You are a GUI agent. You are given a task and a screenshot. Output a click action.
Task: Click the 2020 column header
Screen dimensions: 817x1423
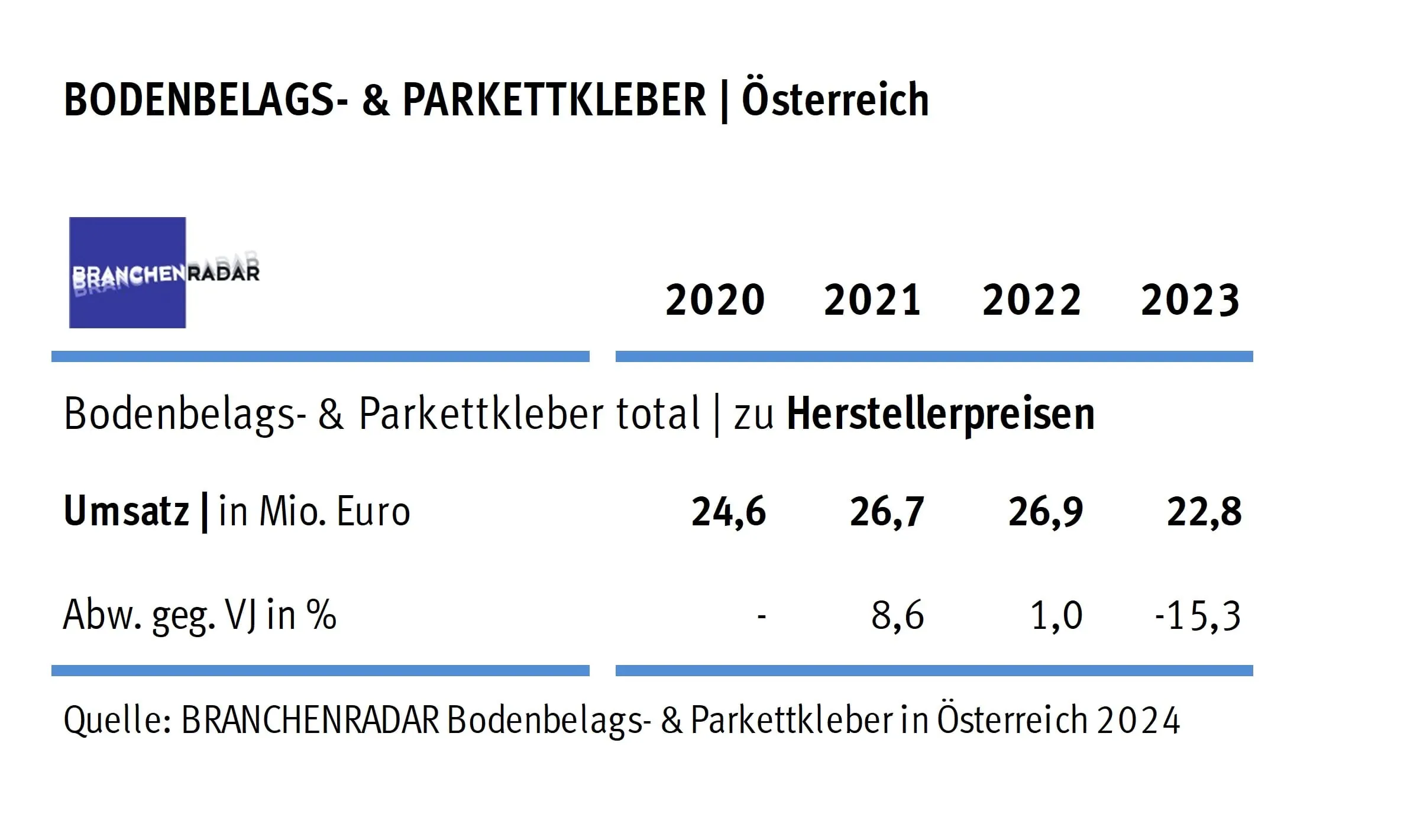[715, 300]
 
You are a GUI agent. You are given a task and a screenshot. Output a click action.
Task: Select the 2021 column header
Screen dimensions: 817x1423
[872, 300]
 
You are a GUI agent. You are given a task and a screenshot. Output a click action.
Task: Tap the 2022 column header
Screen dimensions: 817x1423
[1031, 300]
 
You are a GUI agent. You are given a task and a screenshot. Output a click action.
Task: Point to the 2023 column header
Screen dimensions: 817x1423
[1190, 300]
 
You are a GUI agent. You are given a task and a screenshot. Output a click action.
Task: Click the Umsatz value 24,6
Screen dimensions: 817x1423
[729, 512]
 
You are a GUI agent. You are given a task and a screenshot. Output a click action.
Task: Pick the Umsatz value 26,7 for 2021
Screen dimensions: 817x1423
[887, 512]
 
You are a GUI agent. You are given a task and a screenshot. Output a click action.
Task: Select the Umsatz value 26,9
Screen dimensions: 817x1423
[1046, 512]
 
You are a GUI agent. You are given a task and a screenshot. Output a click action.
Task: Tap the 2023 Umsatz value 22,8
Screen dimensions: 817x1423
[1204, 512]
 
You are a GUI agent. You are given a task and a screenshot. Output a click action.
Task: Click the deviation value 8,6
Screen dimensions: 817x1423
[897, 615]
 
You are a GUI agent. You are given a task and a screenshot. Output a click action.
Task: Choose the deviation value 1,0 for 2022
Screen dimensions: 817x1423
[1056, 615]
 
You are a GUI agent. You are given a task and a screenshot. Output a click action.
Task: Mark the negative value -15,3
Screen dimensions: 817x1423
[1198, 615]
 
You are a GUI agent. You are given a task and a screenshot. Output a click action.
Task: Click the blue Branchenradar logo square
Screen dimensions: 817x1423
[127, 273]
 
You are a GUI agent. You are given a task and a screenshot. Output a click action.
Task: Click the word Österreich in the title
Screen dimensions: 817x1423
[835, 99]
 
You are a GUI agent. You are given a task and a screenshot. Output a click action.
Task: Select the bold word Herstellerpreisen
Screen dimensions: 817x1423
[940, 414]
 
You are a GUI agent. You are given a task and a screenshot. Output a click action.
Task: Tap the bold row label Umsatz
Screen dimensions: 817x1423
[126, 511]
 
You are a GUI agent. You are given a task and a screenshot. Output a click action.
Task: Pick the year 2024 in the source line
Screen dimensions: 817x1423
[1139, 721]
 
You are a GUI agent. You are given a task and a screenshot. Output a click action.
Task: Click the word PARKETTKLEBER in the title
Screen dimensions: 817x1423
[554, 99]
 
